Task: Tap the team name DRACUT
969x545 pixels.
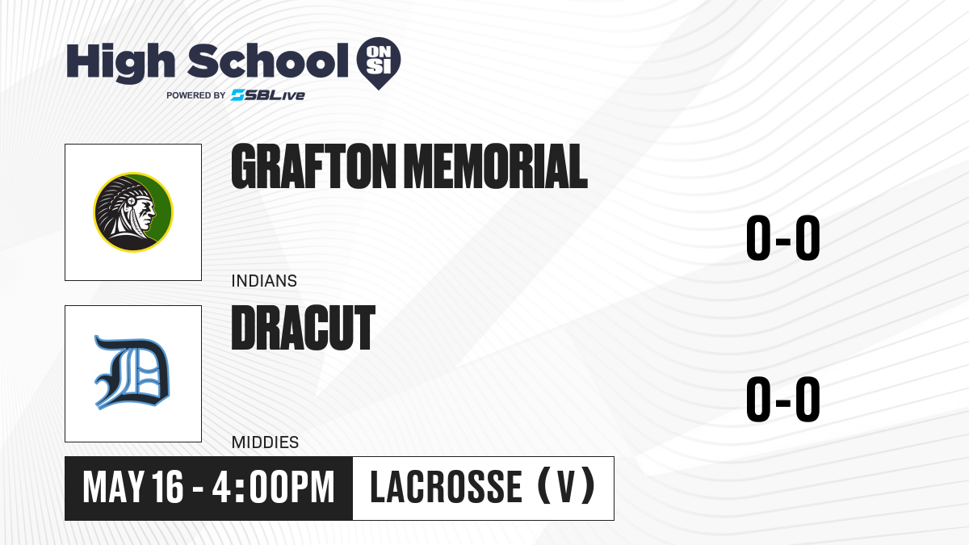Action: click(304, 328)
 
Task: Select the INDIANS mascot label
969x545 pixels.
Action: click(264, 281)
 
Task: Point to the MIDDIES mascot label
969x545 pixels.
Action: click(265, 442)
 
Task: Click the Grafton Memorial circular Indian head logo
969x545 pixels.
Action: click(133, 212)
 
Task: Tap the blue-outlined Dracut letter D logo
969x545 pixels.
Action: click(132, 372)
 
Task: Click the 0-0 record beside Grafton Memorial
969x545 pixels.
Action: click(783, 238)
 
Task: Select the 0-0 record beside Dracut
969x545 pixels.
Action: click(783, 399)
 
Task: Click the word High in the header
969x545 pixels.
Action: click(120, 62)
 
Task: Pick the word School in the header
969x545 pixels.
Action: click(268, 61)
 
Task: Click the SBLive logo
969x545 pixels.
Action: click(267, 95)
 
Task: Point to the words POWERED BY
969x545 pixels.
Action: click(196, 95)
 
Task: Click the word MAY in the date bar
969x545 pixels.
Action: click(113, 488)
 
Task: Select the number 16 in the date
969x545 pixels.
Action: click(168, 488)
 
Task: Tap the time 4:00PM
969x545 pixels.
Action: click(273, 488)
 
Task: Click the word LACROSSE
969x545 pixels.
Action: click(446, 488)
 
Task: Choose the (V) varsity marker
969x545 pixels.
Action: click(566, 486)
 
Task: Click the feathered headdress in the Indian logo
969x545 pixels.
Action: click(116, 203)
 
